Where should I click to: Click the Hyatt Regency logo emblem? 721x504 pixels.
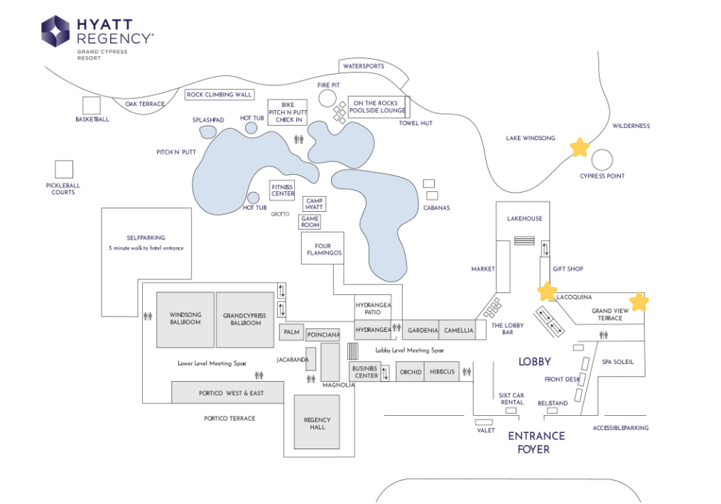click(55, 31)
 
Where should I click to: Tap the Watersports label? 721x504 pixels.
click(363, 66)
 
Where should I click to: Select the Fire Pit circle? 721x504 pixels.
click(327, 99)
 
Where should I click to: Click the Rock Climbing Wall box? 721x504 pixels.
click(219, 95)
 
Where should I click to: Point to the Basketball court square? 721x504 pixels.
click(92, 106)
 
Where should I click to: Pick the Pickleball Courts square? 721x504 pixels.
click(64, 169)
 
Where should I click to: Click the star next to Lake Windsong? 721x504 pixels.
click(580, 148)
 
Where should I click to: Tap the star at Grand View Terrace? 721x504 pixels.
click(639, 302)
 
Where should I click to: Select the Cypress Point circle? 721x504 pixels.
click(602, 160)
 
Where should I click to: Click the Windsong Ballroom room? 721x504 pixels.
click(185, 319)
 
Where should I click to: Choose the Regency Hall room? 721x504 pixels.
click(317, 422)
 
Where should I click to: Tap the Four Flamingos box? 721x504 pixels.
click(322, 248)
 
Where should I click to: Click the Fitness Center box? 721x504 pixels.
click(282, 191)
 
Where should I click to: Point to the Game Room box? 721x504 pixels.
click(310, 222)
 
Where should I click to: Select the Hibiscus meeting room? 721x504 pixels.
click(442, 372)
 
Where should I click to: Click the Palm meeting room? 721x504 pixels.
click(291, 332)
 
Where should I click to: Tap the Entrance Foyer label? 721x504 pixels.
click(536, 442)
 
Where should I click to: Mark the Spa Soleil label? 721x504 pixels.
click(617, 362)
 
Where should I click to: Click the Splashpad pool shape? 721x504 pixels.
click(208, 132)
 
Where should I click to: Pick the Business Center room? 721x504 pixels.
click(365, 372)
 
